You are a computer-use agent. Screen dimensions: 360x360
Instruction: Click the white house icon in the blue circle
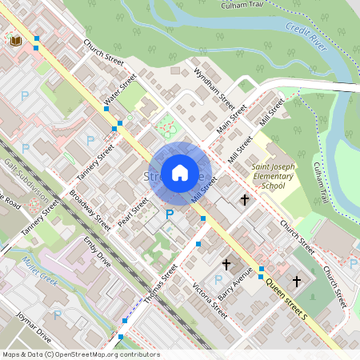179,172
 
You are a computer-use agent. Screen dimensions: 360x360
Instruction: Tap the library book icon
14,39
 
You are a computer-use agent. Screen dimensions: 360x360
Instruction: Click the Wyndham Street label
220,89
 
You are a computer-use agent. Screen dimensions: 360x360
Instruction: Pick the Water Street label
121,91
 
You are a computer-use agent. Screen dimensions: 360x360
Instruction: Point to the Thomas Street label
161,284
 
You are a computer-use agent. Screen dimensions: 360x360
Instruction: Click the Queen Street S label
286,291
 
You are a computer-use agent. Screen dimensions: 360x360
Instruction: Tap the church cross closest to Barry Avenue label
226,263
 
